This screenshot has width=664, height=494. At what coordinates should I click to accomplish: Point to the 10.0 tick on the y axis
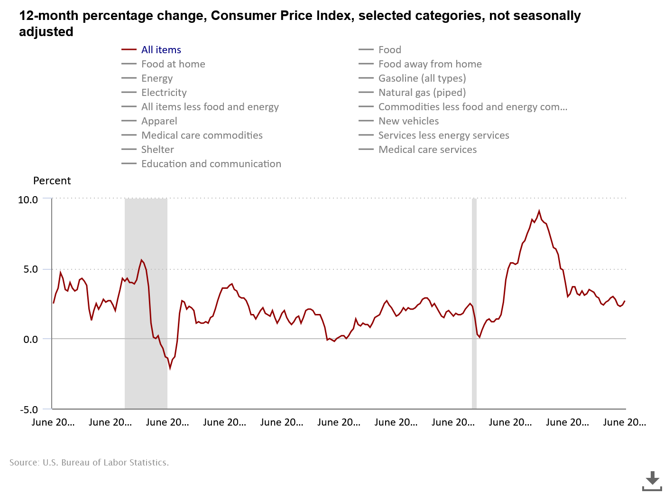tap(28, 200)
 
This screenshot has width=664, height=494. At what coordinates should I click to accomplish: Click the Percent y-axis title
tap(52, 181)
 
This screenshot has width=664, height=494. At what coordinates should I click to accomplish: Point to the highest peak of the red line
tap(539, 211)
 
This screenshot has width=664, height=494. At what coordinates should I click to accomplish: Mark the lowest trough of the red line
tap(170, 368)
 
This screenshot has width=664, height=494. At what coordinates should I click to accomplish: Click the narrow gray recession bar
tap(474, 304)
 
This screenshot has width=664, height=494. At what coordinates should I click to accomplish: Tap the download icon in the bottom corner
tap(652, 481)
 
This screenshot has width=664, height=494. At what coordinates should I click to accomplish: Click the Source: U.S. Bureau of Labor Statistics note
tap(89, 463)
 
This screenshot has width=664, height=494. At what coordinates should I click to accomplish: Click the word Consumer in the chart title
tap(244, 16)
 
